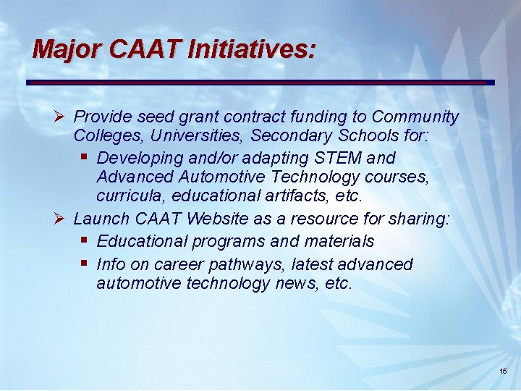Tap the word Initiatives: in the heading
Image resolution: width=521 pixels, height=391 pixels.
click(251, 49)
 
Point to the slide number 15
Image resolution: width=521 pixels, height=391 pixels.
click(503, 371)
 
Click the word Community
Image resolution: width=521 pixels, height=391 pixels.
click(415, 117)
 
